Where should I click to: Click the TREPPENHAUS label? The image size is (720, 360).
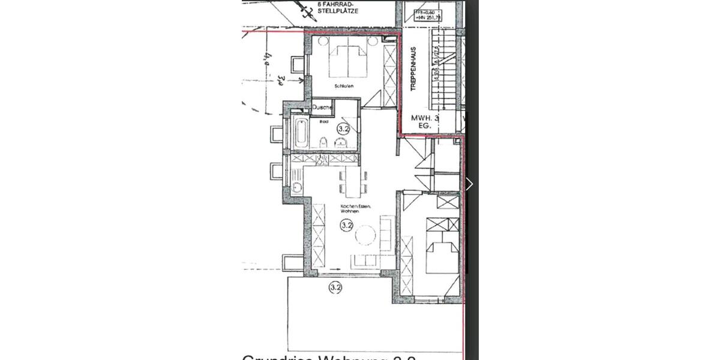click(x=413, y=69)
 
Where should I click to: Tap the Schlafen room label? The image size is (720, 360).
click(x=344, y=86)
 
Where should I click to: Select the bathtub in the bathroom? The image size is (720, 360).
click(x=301, y=133)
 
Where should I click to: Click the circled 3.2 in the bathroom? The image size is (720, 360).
click(x=343, y=128)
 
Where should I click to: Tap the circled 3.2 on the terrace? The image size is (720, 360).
click(x=335, y=287)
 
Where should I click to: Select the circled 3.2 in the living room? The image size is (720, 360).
click(x=346, y=226)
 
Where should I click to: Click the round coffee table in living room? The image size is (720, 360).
click(x=365, y=235)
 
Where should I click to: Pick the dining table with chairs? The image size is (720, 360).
click(x=353, y=182)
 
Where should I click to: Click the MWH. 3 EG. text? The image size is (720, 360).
click(x=425, y=122)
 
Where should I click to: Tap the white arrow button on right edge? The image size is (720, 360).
click(x=469, y=184)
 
